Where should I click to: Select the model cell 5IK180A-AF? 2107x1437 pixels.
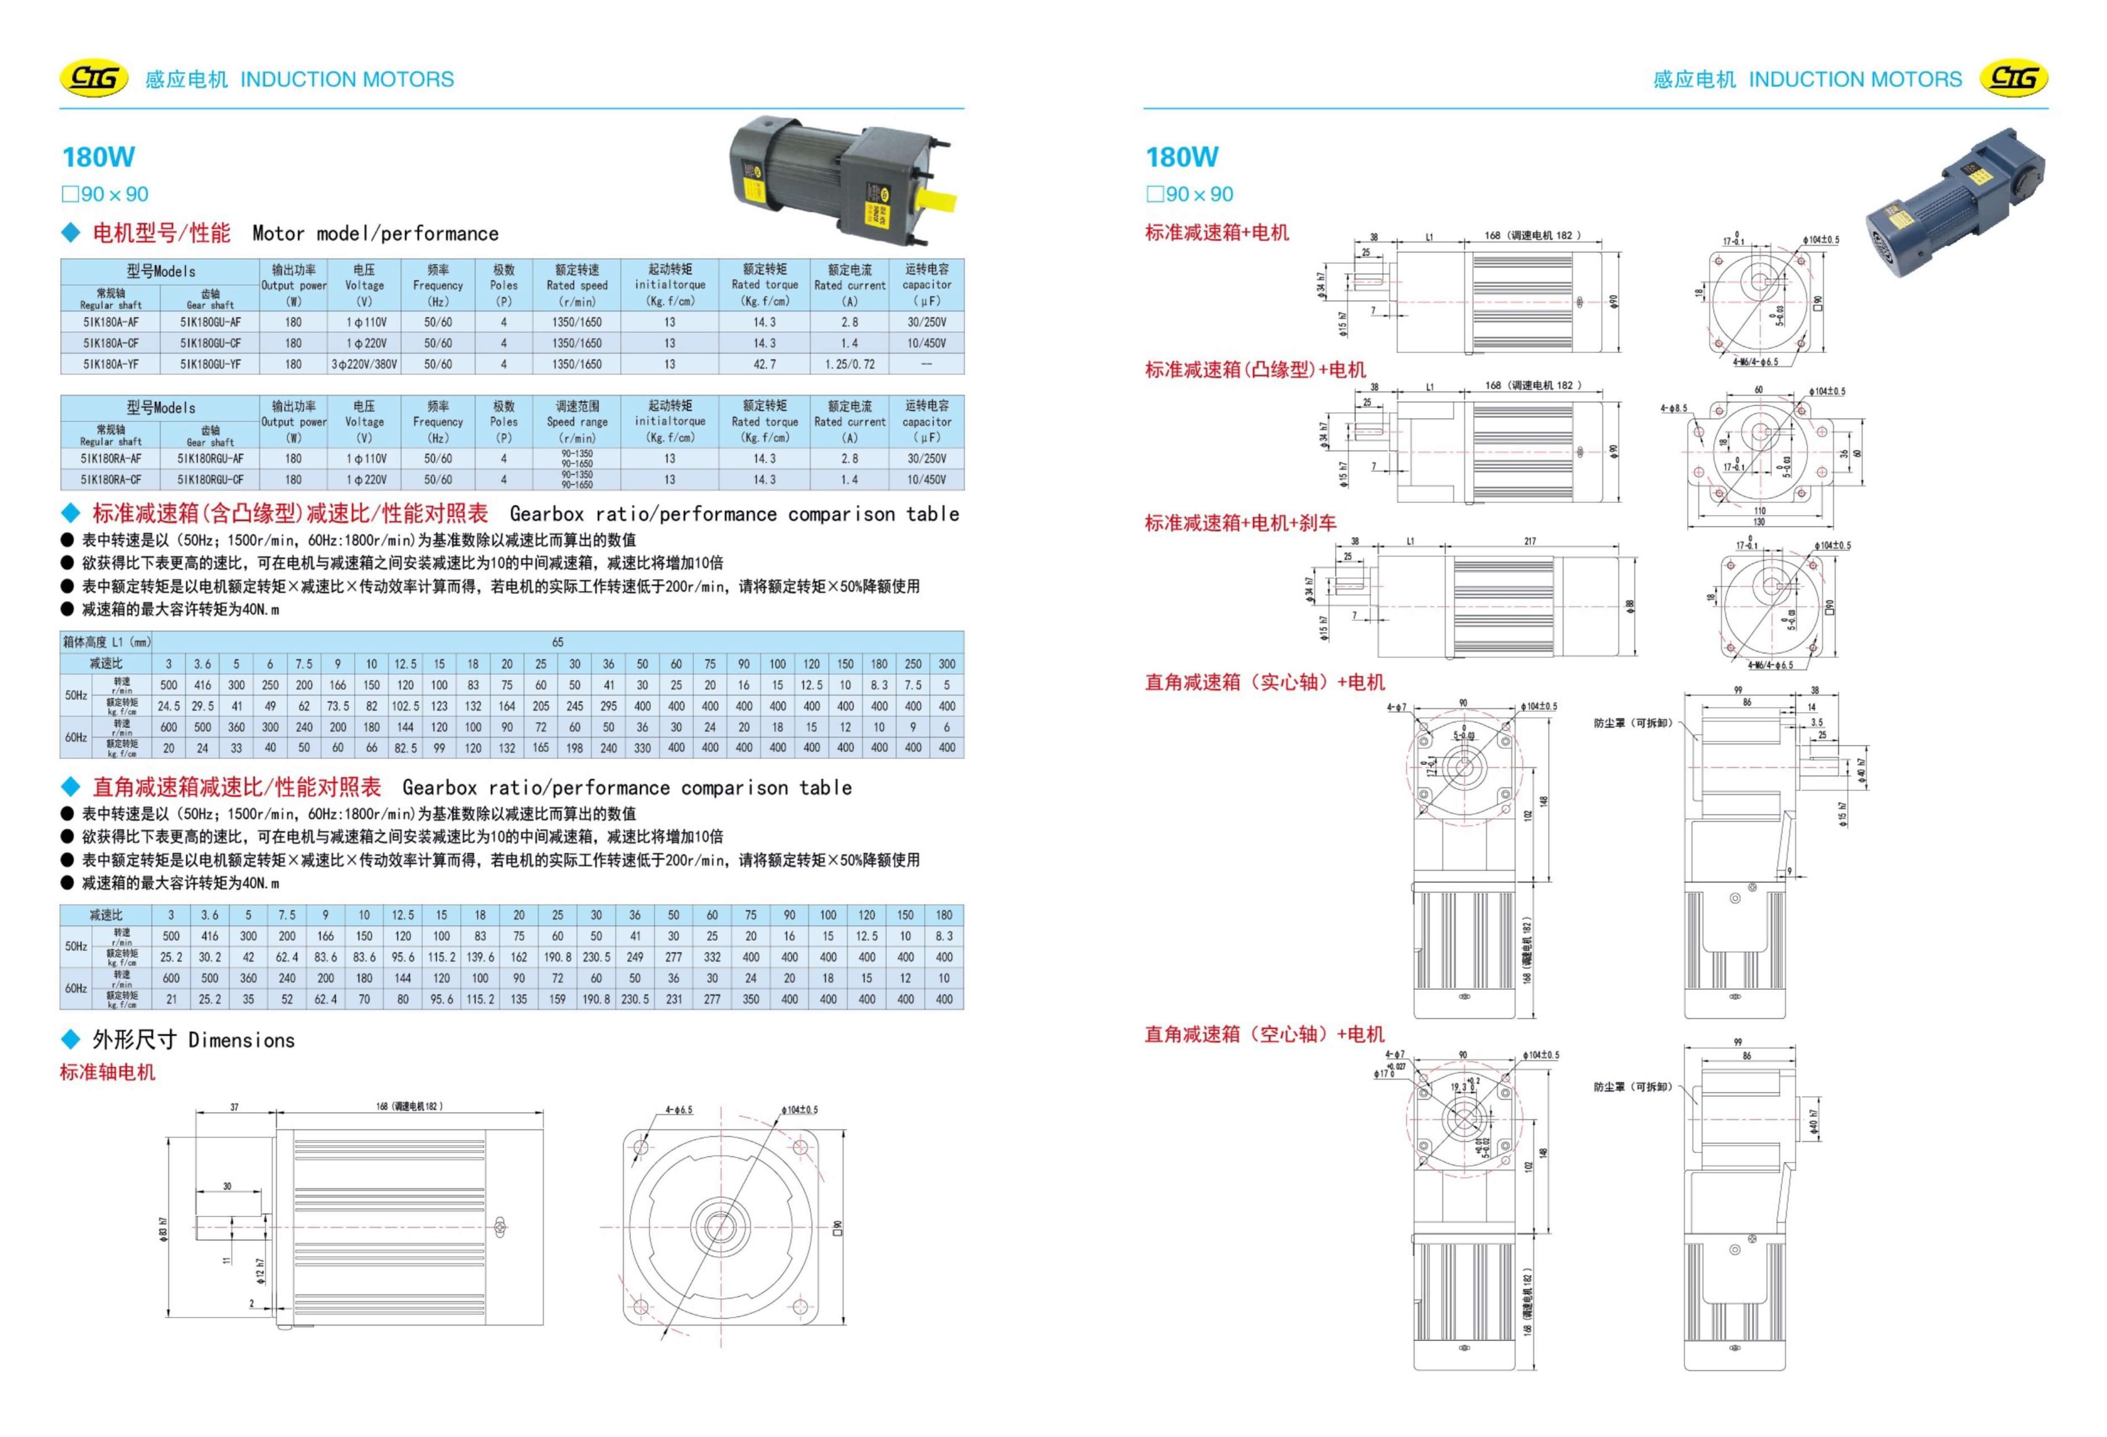(111, 322)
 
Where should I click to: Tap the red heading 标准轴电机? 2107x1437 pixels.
(108, 1073)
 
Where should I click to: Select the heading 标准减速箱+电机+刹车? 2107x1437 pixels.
(1240, 523)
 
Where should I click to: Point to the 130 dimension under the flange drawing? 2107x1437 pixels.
(1759, 522)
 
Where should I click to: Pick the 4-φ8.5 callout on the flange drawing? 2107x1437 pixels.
(1673, 408)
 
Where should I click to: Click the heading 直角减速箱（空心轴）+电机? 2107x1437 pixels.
(1264, 1034)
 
